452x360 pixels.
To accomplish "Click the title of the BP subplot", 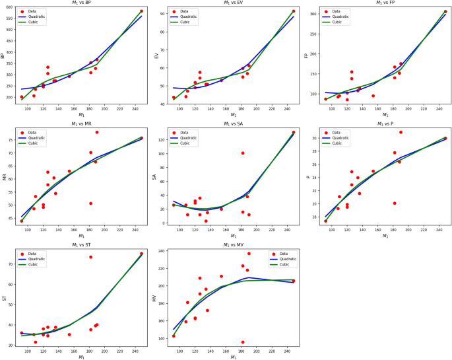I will point(79,3).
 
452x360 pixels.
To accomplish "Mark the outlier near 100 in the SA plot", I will point(243,153).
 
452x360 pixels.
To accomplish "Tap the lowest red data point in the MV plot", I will point(243,342).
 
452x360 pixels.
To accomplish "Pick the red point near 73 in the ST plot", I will point(91,257).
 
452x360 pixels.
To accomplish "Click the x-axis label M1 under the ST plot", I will point(82,357).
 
